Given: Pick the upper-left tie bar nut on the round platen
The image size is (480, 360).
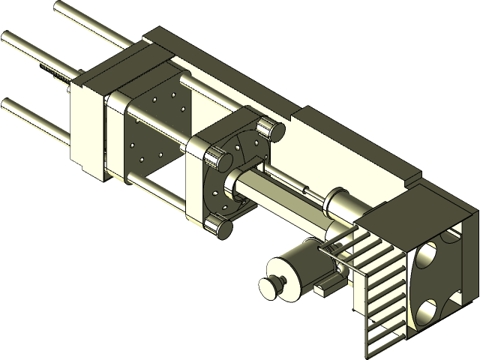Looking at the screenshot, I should coord(217,160).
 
